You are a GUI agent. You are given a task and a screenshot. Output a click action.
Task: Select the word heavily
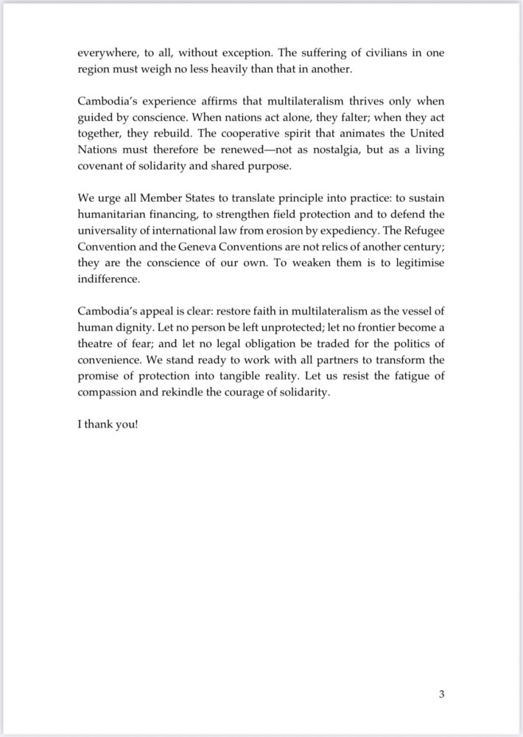coord(234,70)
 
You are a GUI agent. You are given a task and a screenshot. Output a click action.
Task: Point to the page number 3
coord(441,694)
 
